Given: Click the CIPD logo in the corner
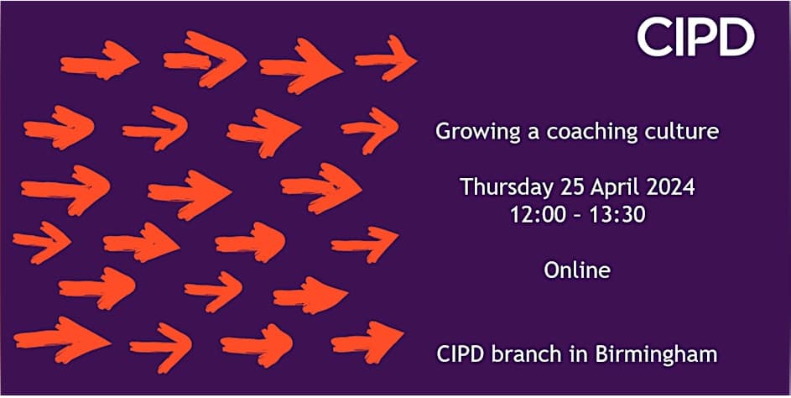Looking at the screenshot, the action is coord(695,38).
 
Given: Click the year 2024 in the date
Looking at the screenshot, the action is coord(669,187).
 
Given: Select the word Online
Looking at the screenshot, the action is coord(577,270).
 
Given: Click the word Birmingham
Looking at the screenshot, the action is coord(656,354).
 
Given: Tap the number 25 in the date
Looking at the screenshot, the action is coord(572,187).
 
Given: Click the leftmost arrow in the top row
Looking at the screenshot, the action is coord(99,61).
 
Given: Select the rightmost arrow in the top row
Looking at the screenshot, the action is coord(386,59).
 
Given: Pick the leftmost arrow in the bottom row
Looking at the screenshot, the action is coord(61,340).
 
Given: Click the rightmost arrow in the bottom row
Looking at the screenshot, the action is coord(367,342).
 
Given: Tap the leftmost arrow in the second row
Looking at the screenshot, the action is coord(59,128).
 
